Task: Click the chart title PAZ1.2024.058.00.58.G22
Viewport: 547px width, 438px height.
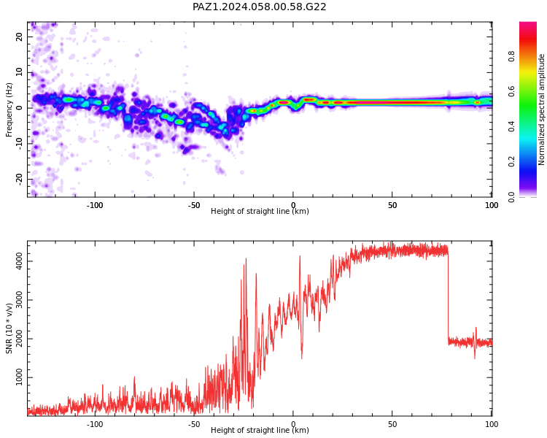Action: (x=259, y=7)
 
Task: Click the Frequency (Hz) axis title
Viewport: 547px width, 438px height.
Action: (x=9, y=109)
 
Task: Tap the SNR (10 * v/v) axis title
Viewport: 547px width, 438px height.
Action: (x=9, y=328)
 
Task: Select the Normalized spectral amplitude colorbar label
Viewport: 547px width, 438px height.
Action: (x=541, y=109)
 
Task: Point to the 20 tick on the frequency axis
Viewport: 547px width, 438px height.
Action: (x=19, y=36)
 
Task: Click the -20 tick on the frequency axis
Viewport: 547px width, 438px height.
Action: (x=19, y=179)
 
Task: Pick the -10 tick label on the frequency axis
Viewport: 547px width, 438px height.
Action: (x=19, y=144)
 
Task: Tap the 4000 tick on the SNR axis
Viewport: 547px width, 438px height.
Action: (x=19, y=261)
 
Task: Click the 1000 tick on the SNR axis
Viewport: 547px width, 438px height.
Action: (x=19, y=377)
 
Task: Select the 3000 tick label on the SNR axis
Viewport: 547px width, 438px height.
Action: (x=19, y=300)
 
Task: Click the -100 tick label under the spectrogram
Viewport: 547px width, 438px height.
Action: (x=95, y=205)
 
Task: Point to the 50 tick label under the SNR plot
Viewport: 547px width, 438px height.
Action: (x=392, y=424)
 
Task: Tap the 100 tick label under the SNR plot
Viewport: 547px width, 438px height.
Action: (x=492, y=424)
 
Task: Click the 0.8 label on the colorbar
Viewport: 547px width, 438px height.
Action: (x=511, y=56)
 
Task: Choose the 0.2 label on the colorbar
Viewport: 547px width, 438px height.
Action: (x=511, y=161)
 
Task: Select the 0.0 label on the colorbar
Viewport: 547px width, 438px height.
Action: (x=511, y=197)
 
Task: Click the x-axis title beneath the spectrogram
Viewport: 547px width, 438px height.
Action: (x=260, y=211)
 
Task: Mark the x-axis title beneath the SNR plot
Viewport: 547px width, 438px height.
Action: (x=260, y=430)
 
